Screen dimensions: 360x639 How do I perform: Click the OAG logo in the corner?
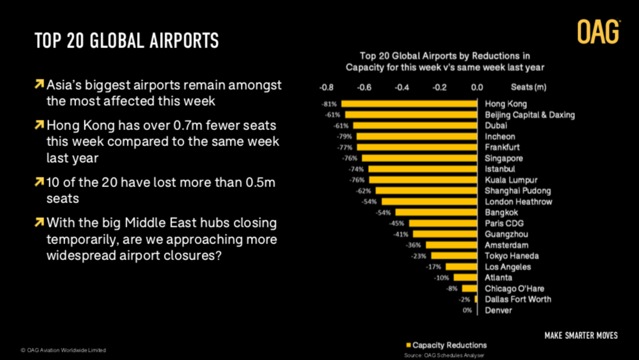point(598,31)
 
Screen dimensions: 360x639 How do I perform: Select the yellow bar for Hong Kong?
point(410,104)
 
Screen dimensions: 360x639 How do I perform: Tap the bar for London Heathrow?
point(430,202)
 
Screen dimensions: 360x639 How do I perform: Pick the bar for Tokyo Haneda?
point(454,256)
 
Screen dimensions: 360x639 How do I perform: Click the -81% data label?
point(330,104)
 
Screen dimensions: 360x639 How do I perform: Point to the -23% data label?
point(419,256)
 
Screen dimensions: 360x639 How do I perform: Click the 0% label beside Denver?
point(467,311)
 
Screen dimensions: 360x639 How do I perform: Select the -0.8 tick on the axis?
point(326,86)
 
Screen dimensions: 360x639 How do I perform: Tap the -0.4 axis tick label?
point(401,86)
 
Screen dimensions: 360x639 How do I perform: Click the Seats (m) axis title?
point(528,86)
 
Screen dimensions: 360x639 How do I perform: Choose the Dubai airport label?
point(496,126)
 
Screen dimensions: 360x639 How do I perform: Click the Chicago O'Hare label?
point(514,289)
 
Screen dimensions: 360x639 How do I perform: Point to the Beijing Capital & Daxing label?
point(530,115)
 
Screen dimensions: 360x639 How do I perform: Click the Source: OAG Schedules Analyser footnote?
point(444,355)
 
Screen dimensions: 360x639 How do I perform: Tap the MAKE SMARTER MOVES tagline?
point(581,336)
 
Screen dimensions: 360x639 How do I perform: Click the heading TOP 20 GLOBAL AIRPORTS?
point(127,41)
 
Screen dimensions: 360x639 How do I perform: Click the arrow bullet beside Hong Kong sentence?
point(40,124)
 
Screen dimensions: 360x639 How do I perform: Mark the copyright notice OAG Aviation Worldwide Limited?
point(63,350)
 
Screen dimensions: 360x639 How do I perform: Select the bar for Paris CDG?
point(443,224)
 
